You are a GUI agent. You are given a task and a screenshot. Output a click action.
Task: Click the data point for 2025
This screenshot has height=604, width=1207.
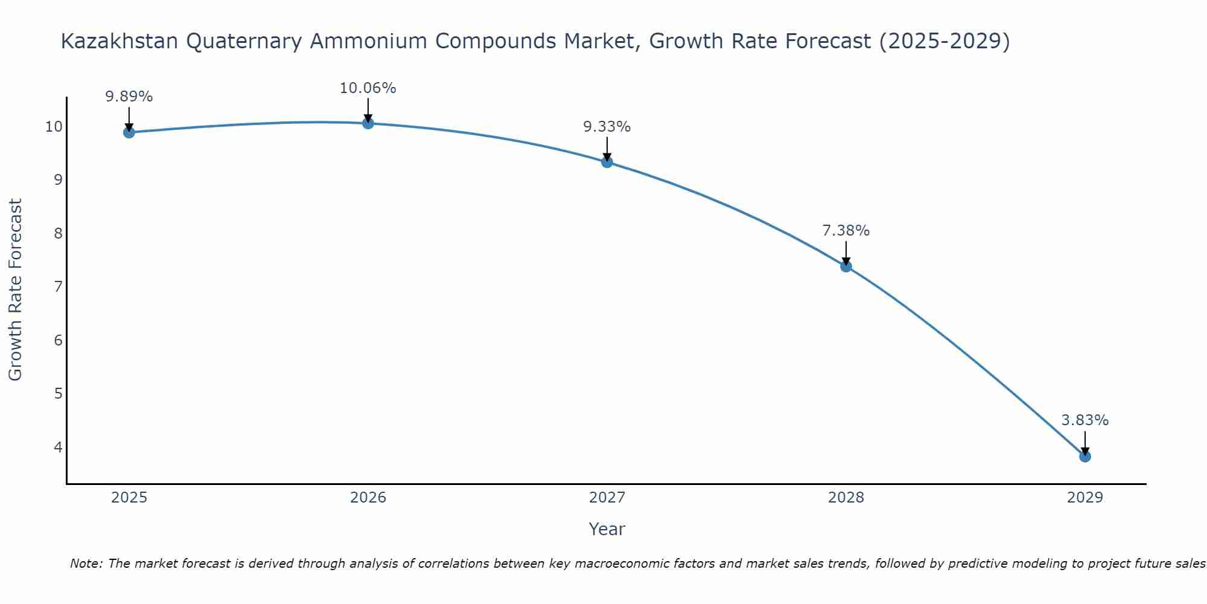point(129,132)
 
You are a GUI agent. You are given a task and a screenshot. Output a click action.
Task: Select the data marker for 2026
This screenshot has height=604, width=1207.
point(368,123)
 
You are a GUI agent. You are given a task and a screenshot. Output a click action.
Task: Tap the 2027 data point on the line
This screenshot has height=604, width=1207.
point(607,162)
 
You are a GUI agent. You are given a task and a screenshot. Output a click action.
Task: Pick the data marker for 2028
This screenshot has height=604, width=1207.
point(846,266)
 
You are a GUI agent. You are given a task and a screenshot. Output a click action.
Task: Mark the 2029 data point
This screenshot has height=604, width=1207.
point(1085,456)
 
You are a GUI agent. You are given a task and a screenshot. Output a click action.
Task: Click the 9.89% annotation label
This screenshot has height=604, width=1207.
point(129,97)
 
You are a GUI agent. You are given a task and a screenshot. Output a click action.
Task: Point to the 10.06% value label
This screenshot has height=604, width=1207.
point(368,88)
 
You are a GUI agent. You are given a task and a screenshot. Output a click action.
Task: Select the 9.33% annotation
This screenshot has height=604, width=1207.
point(607,127)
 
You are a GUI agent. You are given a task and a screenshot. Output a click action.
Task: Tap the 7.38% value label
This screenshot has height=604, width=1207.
point(846,231)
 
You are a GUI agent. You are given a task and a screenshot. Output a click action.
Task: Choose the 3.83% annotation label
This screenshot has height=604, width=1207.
point(1084,420)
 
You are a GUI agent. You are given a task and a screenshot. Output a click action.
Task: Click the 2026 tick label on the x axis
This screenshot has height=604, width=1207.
point(368,498)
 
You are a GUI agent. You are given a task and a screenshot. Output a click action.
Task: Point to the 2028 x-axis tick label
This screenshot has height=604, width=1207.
point(846,498)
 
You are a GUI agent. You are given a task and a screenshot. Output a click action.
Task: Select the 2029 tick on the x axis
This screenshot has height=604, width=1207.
point(1085,498)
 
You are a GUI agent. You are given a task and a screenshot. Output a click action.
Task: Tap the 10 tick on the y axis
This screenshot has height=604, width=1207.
point(53,127)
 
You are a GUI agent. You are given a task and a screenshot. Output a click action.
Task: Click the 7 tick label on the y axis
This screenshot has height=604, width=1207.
point(58,287)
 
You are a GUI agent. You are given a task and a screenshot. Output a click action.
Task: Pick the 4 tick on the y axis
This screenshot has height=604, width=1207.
point(58,447)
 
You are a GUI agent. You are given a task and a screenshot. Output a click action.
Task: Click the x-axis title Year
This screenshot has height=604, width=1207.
point(607,530)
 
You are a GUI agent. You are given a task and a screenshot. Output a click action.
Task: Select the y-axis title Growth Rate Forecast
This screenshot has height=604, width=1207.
point(16,289)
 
